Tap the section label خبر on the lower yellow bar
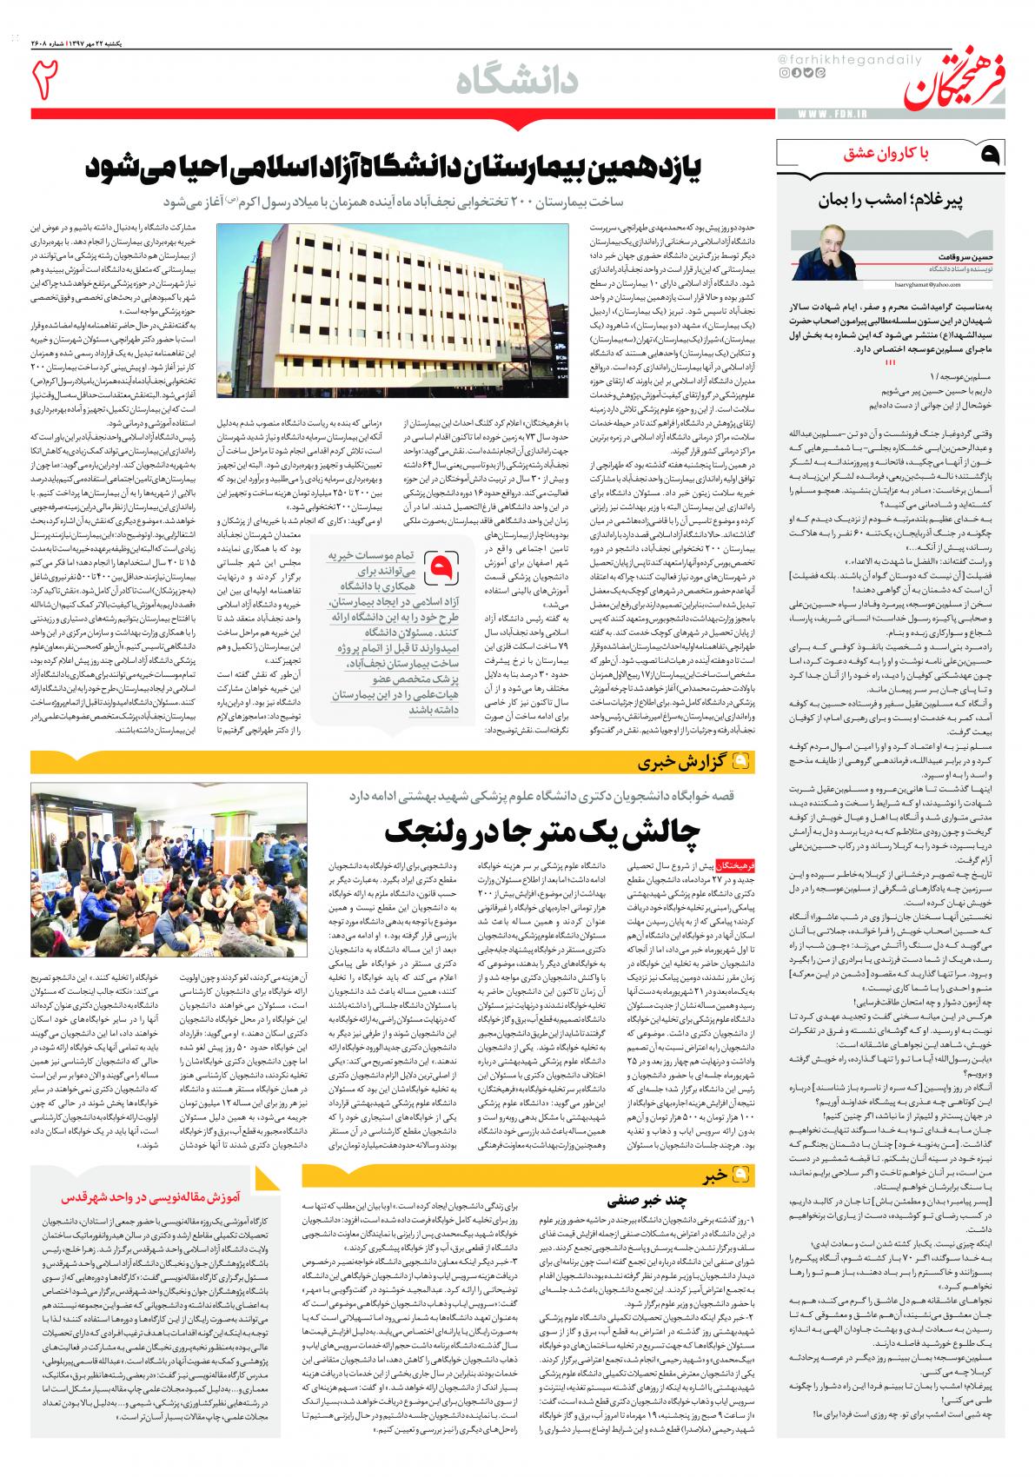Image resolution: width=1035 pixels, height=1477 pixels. (x=714, y=1176)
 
